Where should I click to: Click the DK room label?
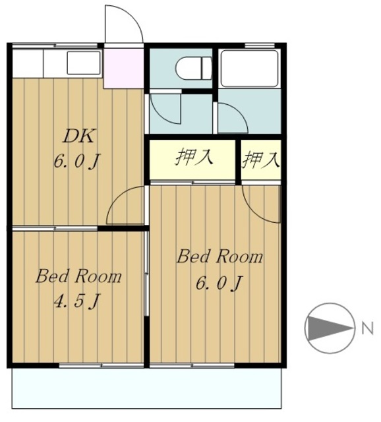(x=78, y=136)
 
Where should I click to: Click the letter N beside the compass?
(x=368, y=328)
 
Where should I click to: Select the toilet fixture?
(x=194, y=68)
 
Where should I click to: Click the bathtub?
(x=249, y=69)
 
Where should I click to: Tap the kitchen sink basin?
(x=84, y=63)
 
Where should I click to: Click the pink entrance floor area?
(x=124, y=68)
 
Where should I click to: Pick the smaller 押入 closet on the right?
(x=261, y=160)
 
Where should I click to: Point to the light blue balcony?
(x=146, y=388)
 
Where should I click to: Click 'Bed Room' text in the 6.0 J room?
(x=220, y=256)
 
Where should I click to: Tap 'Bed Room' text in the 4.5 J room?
(x=78, y=276)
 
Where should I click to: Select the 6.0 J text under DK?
(x=77, y=162)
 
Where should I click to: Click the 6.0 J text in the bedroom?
(x=218, y=283)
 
